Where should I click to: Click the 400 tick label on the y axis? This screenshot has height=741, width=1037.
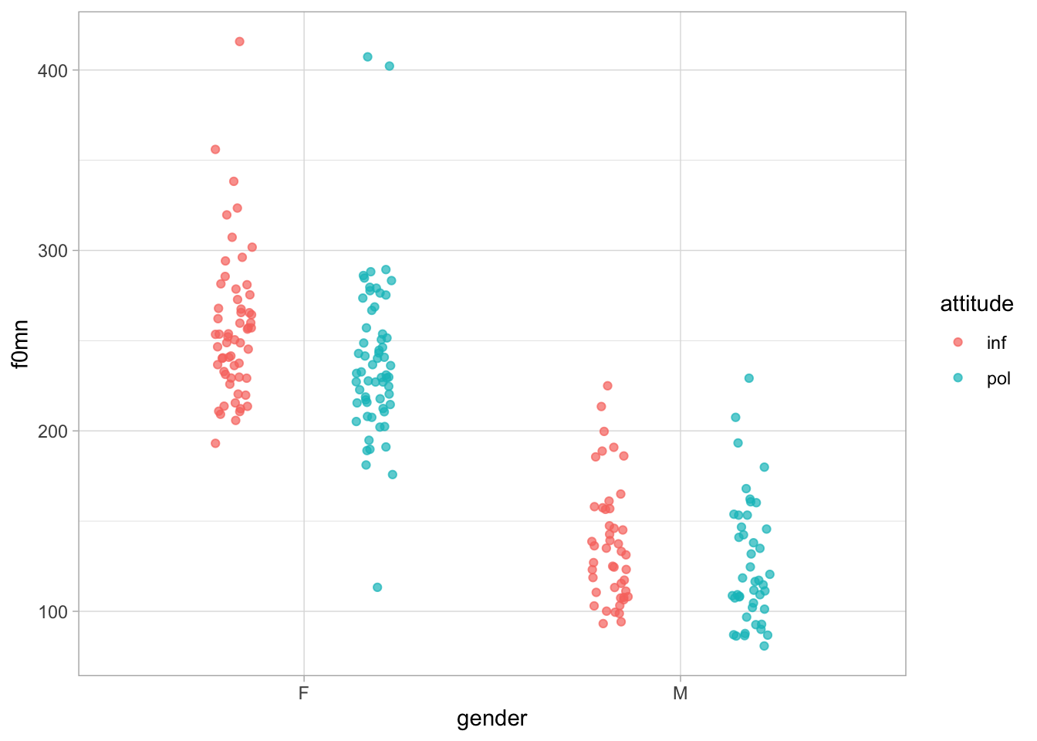click(52, 70)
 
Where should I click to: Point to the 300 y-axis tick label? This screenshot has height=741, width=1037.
click(52, 251)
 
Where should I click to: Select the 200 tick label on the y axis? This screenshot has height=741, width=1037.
click(52, 431)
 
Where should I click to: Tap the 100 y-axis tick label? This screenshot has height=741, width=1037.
click(52, 611)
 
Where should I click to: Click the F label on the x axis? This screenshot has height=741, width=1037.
click(303, 693)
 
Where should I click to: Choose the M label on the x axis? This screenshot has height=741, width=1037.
click(680, 693)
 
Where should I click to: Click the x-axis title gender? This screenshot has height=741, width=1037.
click(491, 719)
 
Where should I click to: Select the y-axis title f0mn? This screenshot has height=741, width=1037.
click(21, 343)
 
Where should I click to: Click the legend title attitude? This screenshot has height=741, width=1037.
click(976, 304)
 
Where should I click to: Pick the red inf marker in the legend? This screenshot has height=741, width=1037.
click(958, 342)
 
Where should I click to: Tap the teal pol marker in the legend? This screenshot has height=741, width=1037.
click(958, 377)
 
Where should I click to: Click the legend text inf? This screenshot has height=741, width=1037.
click(996, 343)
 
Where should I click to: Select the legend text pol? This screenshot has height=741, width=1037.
click(998, 378)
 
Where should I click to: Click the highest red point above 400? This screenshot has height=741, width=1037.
click(239, 42)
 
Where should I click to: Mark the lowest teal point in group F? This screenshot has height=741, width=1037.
click(377, 587)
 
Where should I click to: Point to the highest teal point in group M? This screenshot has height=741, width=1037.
click(748, 378)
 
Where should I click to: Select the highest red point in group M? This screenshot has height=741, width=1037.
click(607, 386)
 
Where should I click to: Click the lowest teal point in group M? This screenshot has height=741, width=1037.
click(764, 646)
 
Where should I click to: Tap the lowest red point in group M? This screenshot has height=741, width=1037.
click(603, 624)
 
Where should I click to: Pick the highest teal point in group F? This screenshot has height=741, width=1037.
click(367, 57)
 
